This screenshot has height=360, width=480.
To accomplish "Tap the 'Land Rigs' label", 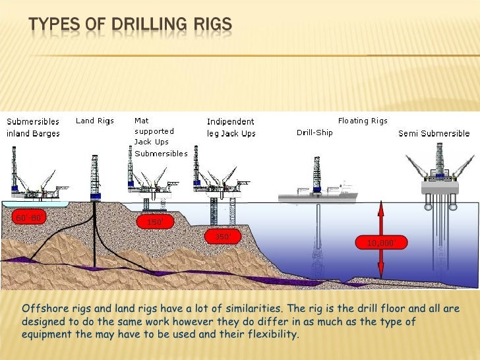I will [94, 121].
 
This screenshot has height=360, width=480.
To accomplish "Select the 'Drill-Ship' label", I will [315, 133].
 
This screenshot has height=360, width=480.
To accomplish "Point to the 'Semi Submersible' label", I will [434, 133].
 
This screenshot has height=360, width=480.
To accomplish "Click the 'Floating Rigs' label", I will [363, 121].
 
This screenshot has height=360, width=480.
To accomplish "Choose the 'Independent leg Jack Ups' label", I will [230, 127].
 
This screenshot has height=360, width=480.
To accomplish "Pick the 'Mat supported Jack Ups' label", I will [152, 131].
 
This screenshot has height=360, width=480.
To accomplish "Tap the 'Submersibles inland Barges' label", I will [33, 127].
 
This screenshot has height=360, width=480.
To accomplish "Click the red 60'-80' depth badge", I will [28, 216].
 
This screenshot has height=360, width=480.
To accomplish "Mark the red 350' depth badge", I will [222, 236].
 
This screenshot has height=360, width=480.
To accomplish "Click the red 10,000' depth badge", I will [380, 243].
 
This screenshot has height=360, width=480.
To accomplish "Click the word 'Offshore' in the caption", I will [44, 309].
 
